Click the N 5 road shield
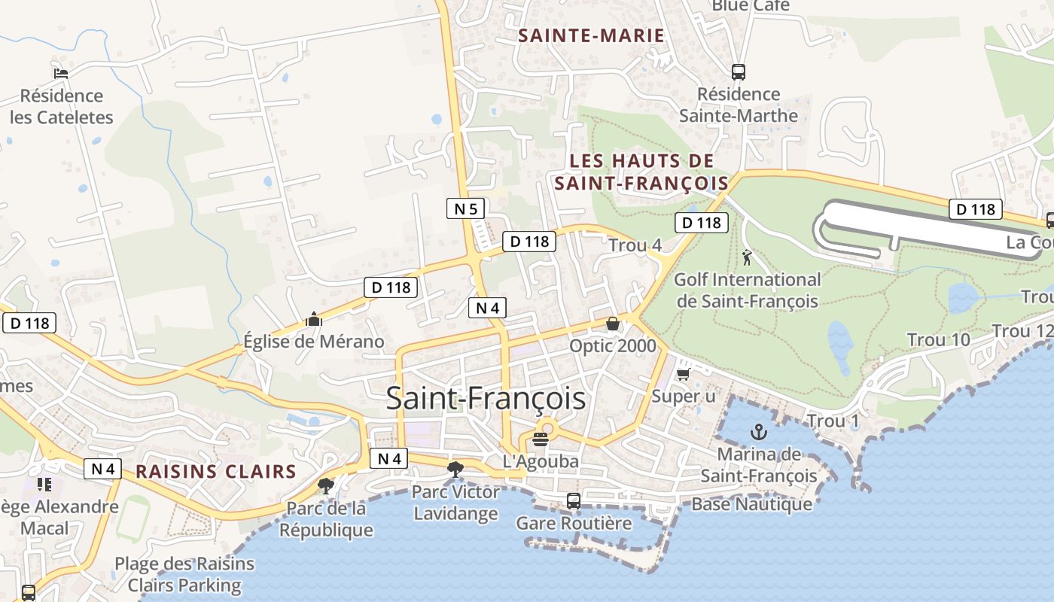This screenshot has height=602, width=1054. tap(465, 208)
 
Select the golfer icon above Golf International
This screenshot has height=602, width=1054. tap(747, 258)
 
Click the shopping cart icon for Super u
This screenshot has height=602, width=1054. tap(683, 374)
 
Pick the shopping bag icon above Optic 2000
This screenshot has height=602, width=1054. tap(613, 324)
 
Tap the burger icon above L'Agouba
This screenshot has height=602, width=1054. tap(541, 439)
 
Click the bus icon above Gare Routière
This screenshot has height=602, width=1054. tap(574, 500)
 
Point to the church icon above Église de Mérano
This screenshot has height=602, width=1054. tap(314, 320)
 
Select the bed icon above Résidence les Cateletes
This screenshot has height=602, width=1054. tap(61, 73)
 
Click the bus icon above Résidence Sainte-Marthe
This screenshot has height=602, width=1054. tap(739, 72)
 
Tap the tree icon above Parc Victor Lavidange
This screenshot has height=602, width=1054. tap(455, 470)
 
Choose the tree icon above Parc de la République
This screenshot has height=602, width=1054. tap(326, 485)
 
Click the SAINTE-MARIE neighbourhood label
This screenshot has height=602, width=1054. tap(591, 35)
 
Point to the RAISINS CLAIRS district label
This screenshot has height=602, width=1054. tap(216, 472)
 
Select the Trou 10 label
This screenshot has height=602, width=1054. tap(939, 340)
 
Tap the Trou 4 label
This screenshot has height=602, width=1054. tap(635, 245)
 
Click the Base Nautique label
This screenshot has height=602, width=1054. tap(752, 504)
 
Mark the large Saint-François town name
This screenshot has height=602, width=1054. tap(486, 398)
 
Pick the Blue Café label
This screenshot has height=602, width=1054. tap(751, 6)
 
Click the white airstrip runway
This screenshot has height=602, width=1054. tap(934, 226)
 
